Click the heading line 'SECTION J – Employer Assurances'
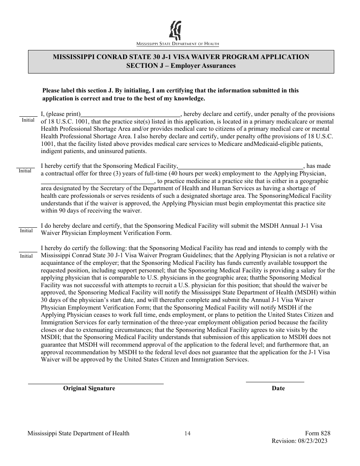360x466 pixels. point(181,66)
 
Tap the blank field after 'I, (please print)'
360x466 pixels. point(131,114)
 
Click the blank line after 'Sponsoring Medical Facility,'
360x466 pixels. point(241,166)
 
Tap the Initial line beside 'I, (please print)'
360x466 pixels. point(28,116)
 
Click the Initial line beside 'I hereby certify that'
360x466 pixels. point(25,167)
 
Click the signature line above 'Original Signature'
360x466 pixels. point(96,383)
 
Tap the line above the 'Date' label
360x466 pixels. point(275,382)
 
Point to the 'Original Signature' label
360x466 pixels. point(89,388)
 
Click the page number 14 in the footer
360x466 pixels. point(187,434)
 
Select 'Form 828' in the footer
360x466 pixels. point(318,434)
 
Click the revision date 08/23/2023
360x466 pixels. point(312,441)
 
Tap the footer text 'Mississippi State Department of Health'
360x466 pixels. point(78,434)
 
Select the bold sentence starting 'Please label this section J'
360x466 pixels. point(171,94)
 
